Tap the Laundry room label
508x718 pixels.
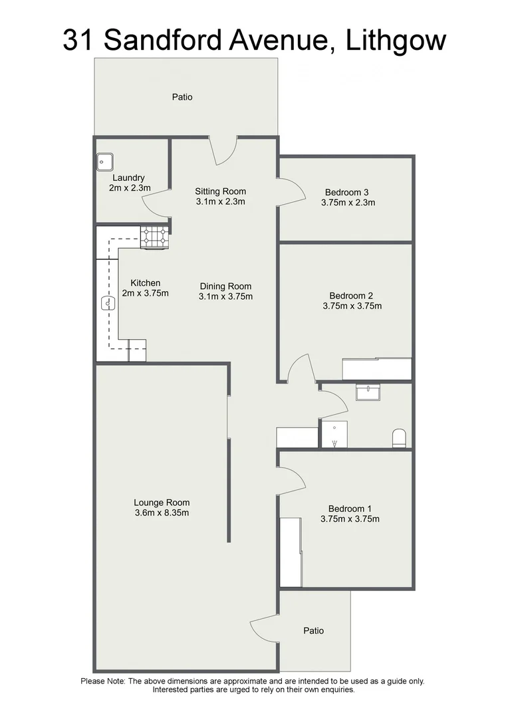[x=128, y=178]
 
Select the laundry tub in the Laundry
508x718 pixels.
[x=105, y=161]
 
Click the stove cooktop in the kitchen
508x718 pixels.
[x=154, y=237]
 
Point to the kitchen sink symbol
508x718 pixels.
[x=108, y=304]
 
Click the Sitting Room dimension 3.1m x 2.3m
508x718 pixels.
[x=221, y=201]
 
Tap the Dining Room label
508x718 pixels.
[x=225, y=287]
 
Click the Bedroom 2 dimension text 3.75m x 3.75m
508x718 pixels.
[x=351, y=306]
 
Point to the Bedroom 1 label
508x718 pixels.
[x=350, y=509]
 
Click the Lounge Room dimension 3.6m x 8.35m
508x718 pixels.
[x=161, y=513]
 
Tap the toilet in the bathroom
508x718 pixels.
[x=400, y=437]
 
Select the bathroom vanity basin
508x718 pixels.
[x=367, y=392]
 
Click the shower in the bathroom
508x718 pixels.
[x=334, y=434]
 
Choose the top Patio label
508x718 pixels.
[x=182, y=97]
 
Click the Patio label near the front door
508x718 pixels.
[x=313, y=630]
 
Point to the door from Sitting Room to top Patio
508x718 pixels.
[x=224, y=150]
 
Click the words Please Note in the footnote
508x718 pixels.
[x=102, y=681]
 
